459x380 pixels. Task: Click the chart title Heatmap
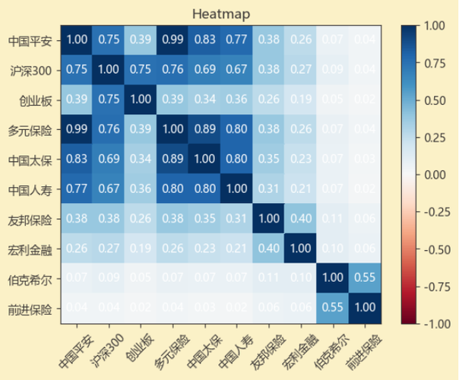click(221, 14)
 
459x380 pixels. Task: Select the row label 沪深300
click(33, 70)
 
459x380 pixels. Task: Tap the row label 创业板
click(36, 100)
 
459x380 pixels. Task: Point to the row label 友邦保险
click(33, 220)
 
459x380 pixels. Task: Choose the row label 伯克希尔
click(33, 279)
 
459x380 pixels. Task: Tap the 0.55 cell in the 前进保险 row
click(331, 309)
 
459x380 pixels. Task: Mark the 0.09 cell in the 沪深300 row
click(331, 70)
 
